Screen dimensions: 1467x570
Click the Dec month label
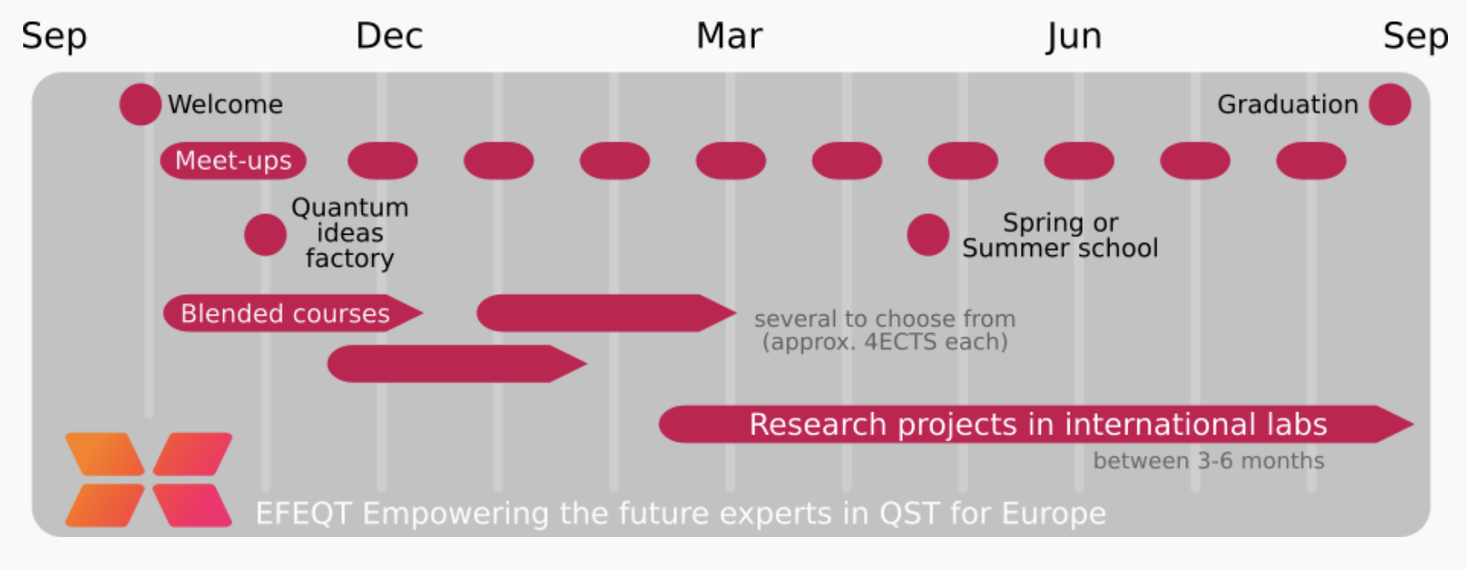coord(389,36)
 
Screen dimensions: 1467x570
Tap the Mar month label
coord(729,36)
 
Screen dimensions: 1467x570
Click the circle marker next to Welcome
coord(140,104)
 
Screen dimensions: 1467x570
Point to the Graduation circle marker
coord(1390,104)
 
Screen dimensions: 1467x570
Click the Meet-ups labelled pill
coord(233,160)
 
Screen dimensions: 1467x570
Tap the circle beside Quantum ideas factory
coord(265,235)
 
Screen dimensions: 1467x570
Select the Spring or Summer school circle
coord(928,235)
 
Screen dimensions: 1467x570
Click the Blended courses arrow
coord(293,313)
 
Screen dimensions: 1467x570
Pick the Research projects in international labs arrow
coord(1037,424)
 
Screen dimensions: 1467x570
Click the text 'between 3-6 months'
coord(1208,461)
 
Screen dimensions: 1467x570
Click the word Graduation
coord(1288,104)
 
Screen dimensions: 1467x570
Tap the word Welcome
coord(226,104)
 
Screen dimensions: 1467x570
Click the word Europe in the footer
coord(1054,514)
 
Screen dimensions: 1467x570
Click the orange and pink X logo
coord(149,479)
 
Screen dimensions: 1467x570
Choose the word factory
coord(349,259)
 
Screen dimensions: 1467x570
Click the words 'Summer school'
coord(1060,248)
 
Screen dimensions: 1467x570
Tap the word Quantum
coord(350,207)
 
